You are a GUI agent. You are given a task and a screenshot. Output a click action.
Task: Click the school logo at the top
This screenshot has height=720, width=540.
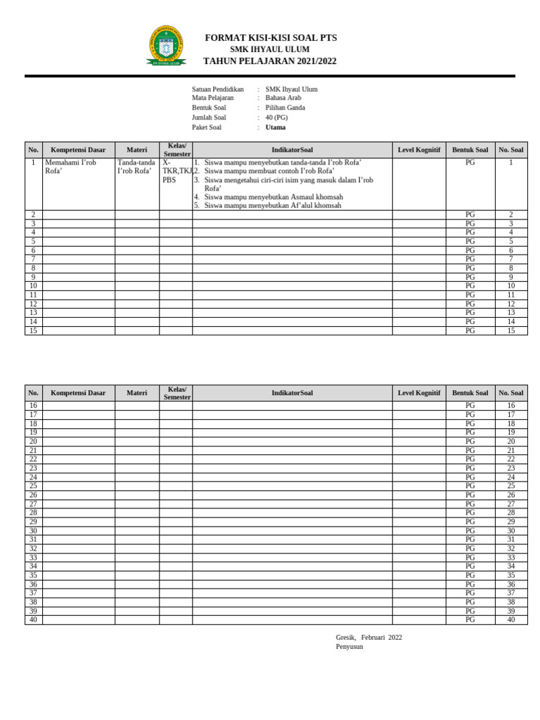(x=166, y=46)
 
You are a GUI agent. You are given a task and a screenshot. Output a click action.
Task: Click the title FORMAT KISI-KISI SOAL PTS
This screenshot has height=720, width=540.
(x=271, y=38)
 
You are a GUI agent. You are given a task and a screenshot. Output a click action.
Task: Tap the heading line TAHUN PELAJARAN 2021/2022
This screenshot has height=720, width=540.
(x=270, y=61)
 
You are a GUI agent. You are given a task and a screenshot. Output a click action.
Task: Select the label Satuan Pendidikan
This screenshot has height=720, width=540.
(x=218, y=89)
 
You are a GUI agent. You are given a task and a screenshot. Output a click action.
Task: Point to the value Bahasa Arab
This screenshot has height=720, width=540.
(x=283, y=98)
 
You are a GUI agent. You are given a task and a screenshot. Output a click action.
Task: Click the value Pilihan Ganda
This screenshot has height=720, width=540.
(x=285, y=108)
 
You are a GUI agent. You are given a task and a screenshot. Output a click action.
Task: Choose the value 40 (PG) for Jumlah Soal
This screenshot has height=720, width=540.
(x=276, y=117)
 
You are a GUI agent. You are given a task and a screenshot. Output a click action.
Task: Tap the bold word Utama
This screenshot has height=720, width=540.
(x=276, y=127)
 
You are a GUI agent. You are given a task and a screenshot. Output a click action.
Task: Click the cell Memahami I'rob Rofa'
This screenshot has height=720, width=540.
(x=70, y=167)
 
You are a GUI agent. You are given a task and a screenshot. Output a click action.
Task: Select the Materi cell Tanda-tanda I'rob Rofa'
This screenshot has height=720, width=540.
(x=136, y=167)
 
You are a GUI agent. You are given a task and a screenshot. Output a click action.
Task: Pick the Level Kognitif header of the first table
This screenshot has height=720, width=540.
(x=419, y=150)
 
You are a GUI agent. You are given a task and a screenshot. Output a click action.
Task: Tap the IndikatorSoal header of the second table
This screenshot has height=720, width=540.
(x=292, y=393)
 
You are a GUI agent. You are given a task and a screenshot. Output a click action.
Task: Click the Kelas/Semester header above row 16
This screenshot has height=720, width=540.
(x=176, y=393)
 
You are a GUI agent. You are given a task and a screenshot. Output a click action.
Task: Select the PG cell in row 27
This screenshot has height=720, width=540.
(x=470, y=504)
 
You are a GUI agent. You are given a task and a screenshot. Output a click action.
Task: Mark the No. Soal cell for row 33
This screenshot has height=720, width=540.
(x=511, y=558)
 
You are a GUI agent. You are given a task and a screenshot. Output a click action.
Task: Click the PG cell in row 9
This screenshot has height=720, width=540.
(x=470, y=277)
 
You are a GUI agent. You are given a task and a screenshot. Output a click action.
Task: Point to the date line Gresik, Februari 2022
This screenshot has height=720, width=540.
(x=369, y=637)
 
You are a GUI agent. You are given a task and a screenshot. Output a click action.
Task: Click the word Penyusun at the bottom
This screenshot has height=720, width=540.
(x=349, y=646)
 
